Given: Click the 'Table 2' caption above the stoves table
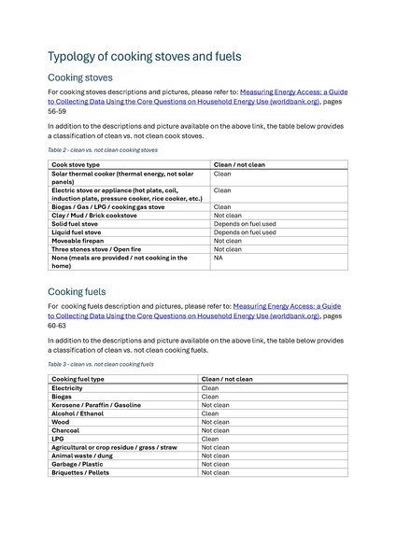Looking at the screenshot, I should click(103, 149).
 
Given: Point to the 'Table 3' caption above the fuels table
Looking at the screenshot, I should click(101, 364).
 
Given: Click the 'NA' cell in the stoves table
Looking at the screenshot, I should click(218, 258).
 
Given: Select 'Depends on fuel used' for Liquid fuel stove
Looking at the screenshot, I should click(245, 232).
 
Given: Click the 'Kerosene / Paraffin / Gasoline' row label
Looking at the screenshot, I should click(96, 404).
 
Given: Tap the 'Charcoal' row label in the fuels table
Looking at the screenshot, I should click(67, 430).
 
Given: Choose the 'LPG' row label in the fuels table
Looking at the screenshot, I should click(58, 439).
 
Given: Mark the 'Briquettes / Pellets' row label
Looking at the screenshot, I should click(82, 472).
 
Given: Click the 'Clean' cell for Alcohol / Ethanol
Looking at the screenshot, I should click(210, 413).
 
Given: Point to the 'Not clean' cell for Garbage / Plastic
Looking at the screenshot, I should click(215, 464).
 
